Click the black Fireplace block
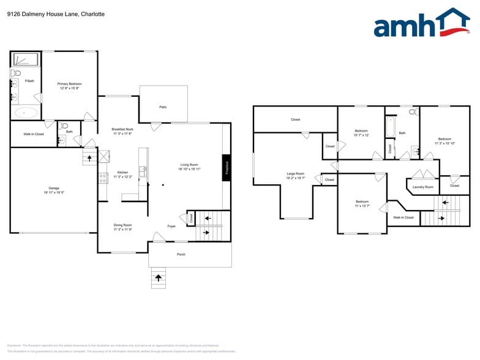[226, 168]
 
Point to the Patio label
[163, 107]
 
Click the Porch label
[181, 254]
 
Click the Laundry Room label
[422, 187]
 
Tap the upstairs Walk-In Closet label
[403, 217]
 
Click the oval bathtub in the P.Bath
[25, 113]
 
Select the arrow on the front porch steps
[159, 278]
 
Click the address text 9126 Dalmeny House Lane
[56, 13]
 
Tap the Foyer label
[172, 226]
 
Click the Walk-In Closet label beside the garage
[34, 133]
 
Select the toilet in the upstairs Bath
[413, 113]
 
